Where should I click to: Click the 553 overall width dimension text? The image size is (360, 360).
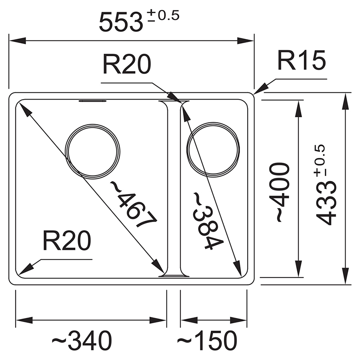click(121, 22)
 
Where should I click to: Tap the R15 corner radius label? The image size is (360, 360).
click(302, 60)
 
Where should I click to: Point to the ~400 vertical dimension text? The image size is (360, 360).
click(279, 192)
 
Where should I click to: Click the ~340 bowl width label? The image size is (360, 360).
click(82, 340)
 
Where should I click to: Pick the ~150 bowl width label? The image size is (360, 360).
click(207, 340)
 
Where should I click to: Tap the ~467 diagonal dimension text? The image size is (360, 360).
click(134, 204)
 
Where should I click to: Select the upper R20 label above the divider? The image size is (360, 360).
click(127, 64)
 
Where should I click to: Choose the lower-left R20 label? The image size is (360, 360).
click(67, 240)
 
